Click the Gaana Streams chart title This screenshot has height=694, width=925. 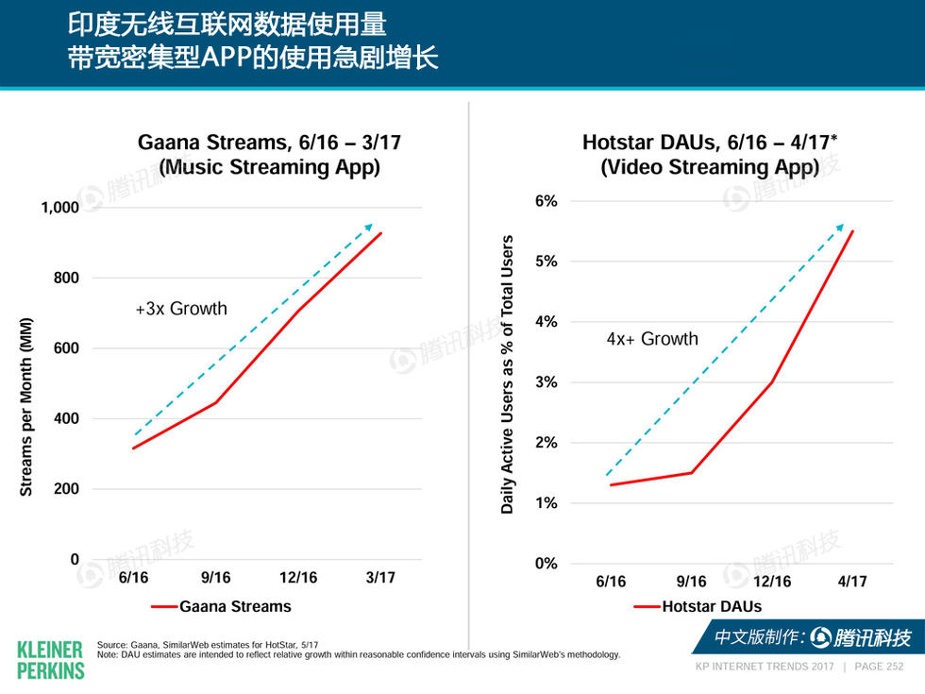point(269,155)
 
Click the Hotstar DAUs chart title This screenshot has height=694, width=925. point(710,155)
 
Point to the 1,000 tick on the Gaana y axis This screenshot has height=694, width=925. point(59,208)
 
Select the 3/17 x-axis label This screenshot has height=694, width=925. point(380,578)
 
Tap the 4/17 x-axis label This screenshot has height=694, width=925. point(851,582)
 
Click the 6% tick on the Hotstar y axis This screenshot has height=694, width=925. point(546,201)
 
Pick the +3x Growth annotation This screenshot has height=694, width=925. point(180,309)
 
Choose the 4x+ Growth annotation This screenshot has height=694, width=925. point(651,339)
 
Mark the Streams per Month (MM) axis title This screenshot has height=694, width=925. point(26,406)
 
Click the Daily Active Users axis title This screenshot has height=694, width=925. point(508,375)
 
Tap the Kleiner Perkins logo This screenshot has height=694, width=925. point(50,659)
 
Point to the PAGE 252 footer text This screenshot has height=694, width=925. point(878,667)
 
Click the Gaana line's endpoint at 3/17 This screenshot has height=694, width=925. point(381,233)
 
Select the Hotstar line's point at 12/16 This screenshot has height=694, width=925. point(772,382)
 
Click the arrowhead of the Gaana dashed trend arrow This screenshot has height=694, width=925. point(370,226)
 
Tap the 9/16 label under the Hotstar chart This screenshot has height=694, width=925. point(691,582)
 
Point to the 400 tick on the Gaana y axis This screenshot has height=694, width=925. point(67,418)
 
